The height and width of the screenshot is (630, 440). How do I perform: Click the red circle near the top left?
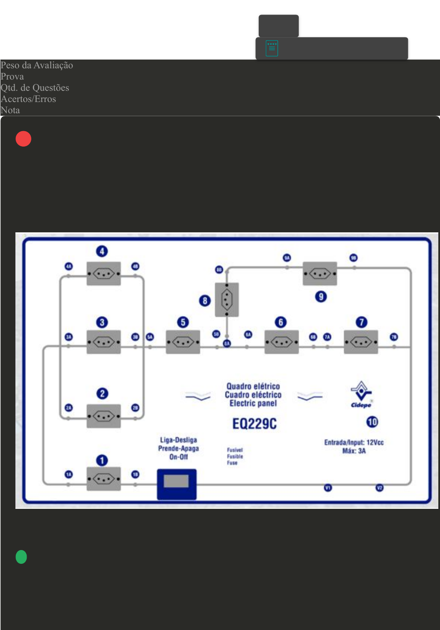[23, 139]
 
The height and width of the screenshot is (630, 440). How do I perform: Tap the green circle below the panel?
[21, 557]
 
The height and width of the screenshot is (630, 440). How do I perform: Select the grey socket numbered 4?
[103, 274]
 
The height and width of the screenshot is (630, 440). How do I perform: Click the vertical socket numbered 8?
[227, 299]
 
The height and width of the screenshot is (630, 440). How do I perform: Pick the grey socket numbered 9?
[320, 274]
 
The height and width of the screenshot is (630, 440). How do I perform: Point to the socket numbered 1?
[103, 479]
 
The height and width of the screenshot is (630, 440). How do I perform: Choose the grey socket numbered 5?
[183, 342]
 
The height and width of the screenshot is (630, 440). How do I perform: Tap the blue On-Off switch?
[177, 484]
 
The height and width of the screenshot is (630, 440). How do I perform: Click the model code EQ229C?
[254, 424]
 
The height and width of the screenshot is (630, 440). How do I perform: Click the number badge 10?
[372, 422]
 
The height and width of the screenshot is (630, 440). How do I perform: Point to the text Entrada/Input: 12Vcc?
[354, 442]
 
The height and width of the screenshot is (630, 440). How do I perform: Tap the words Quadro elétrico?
[253, 386]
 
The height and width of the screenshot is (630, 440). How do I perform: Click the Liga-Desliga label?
[178, 440]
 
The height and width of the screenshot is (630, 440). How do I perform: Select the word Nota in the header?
[10, 110]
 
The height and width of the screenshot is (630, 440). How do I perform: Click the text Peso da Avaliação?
[37, 65]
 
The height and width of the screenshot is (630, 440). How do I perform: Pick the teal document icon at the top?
[272, 48]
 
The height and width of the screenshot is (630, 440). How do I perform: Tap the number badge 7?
[361, 322]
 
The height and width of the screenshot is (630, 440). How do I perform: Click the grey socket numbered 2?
[103, 416]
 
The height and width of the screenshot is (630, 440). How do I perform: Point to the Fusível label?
[235, 450]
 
